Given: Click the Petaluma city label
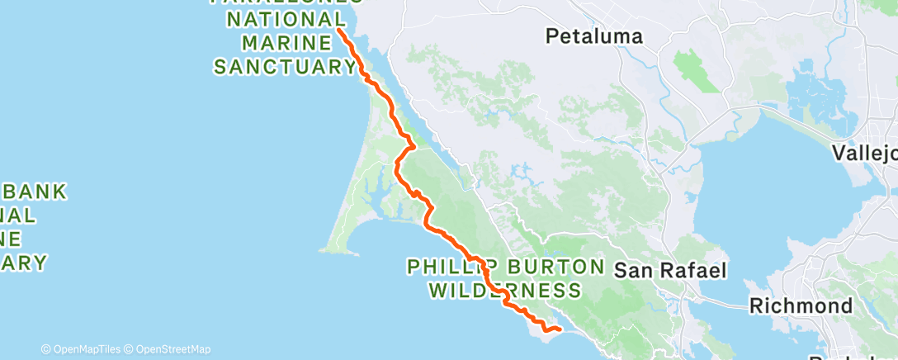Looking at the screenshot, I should [x=593, y=36].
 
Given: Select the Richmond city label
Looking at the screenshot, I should [x=800, y=306].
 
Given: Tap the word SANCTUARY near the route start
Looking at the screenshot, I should [x=279, y=66].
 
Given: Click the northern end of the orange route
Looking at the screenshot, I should [x=339, y=29].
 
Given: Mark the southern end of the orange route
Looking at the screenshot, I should [x=560, y=329].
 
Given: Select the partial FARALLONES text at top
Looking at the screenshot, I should [x=285, y=2].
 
